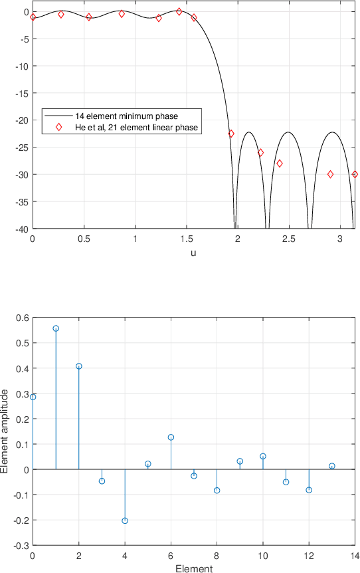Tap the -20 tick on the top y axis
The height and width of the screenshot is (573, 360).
19,120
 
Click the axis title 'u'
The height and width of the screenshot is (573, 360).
193,253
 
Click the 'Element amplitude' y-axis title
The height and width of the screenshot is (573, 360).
6,431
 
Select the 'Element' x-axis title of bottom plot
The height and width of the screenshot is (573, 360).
194,568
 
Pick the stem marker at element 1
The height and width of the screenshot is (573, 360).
56,328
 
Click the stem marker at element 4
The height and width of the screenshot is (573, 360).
125,520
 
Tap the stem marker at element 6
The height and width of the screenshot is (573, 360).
171,437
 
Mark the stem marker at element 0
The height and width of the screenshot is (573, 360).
33,397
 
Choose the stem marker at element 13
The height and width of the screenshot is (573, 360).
332,466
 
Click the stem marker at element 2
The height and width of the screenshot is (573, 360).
79,366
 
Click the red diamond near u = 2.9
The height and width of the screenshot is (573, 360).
330,174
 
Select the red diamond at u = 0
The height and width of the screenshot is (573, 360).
33,17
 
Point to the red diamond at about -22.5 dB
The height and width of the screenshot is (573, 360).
231,134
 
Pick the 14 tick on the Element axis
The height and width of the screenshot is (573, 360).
355,554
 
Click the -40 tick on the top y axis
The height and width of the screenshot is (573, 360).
19,229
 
